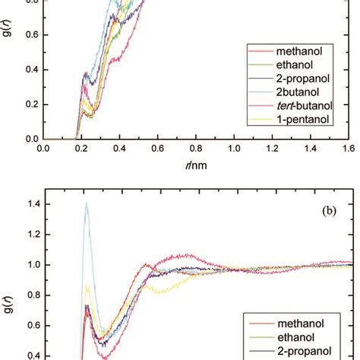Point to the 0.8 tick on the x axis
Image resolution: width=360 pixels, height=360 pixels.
[196, 150]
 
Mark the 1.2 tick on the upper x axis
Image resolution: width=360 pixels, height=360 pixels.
[272, 150]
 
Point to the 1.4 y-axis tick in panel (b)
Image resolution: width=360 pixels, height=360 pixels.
[30, 204]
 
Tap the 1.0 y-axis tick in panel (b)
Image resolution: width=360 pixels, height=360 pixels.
[30, 265]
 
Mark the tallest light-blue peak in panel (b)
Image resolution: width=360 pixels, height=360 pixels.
[87, 203]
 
